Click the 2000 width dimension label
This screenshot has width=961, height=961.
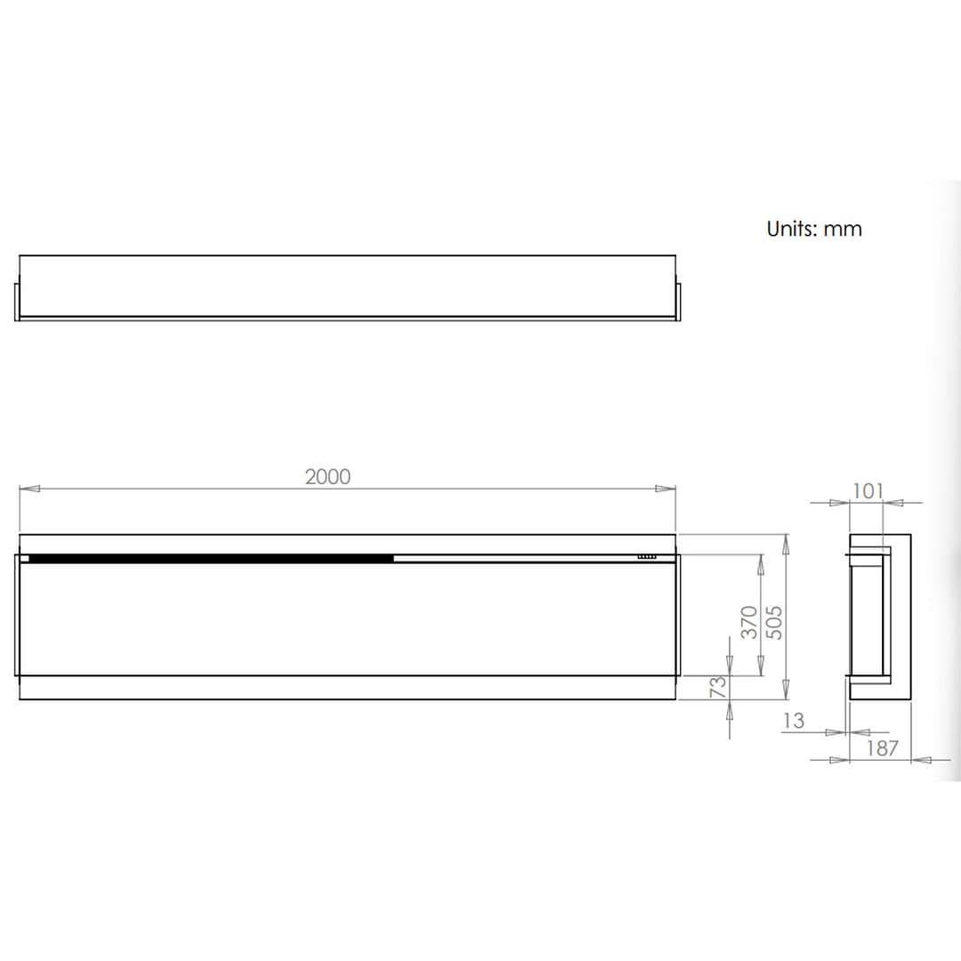click(x=328, y=477)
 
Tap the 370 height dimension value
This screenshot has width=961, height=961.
click(x=750, y=621)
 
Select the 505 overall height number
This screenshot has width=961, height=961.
click(x=774, y=622)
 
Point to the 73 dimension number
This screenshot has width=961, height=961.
click(x=718, y=686)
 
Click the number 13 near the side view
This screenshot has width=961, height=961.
click(x=793, y=720)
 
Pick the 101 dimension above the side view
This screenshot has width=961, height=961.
click(x=868, y=490)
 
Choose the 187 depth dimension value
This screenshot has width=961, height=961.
click(x=882, y=748)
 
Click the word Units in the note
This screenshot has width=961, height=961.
click(x=791, y=229)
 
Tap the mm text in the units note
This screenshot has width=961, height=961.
click(x=843, y=230)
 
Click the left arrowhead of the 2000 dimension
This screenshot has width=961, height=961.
click(x=29, y=489)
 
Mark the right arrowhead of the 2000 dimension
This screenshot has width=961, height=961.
click(x=666, y=489)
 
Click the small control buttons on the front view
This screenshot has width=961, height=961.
click(x=647, y=558)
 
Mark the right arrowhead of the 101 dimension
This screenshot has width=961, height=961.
click(x=894, y=503)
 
